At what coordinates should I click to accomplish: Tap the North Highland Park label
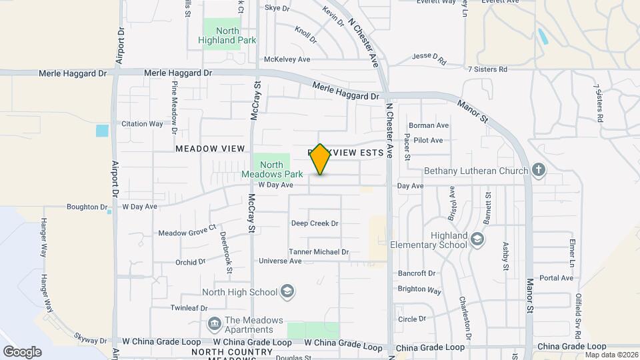tap(218, 35)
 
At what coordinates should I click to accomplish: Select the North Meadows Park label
tap(271, 169)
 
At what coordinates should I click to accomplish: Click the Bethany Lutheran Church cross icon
tap(538, 171)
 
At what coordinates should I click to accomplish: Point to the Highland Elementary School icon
tap(477, 239)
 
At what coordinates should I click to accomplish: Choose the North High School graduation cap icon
tap(287, 291)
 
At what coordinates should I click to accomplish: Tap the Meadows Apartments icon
tap(215, 324)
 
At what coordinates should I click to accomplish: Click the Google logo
tap(22, 352)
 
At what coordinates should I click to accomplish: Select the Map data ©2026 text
tap(611, 354)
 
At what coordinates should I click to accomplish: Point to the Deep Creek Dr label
tap(315, 223)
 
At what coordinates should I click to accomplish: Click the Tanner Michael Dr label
tap(319, 252)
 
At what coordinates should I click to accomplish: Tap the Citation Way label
tap(142, 123)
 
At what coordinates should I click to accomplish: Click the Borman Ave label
tap(429, 125)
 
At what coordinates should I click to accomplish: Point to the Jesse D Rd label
tap(429, 57)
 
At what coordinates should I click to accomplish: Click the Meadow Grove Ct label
tap(187, 233)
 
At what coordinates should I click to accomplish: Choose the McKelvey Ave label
tap(287, 59)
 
